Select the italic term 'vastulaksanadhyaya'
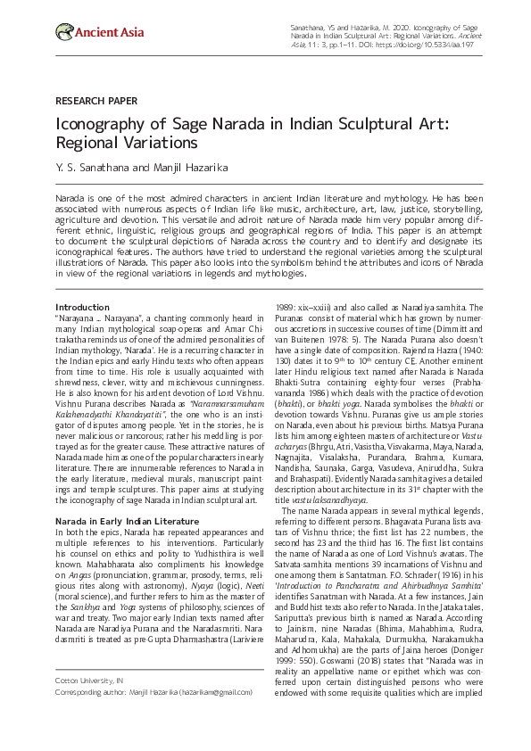(347, 501)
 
